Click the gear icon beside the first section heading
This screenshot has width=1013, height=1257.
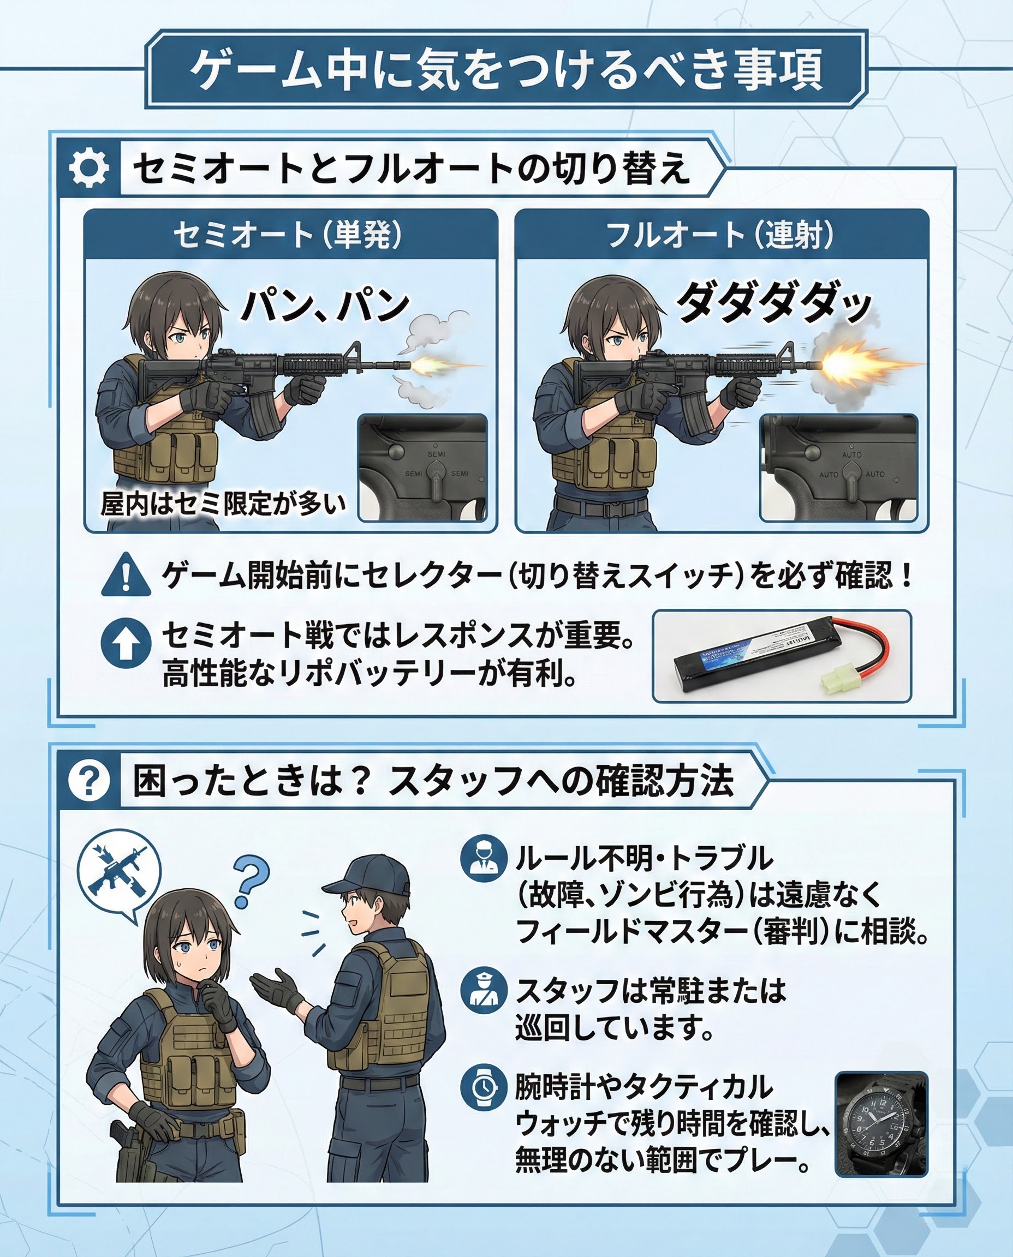click(x=88, y=168)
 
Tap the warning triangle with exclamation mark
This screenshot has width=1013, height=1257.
click(x=126, y=576)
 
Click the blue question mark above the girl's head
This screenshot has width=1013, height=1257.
click(x=252, y=884)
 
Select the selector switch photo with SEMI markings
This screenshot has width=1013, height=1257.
click(x=422, y=468)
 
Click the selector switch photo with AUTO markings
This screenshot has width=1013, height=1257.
click(x=838, y=468)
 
